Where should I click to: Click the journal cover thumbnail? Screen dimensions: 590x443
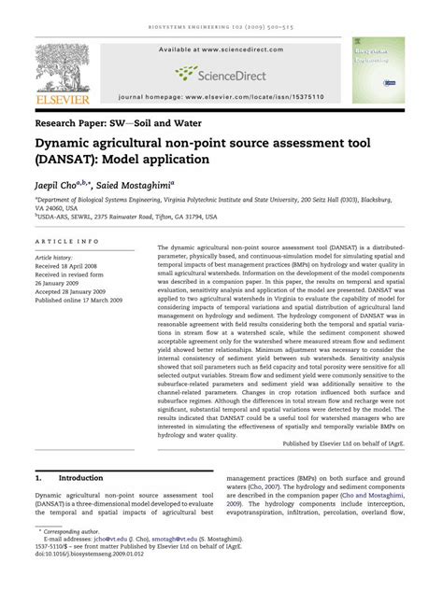(x=379, y=70)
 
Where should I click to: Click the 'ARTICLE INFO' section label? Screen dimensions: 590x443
(x=66, y=242)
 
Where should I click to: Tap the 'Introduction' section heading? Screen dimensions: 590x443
(x=81, y=476)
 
